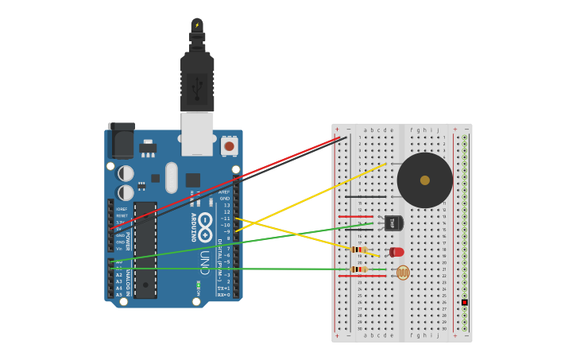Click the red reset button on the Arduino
pos(229,145)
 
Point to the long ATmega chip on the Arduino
pos(145,250)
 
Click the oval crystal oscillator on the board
pos(172,177)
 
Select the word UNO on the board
pos(204,262)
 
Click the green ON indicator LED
pos(198,285)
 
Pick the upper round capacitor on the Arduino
pos(126,172)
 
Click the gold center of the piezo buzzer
pos(425,180)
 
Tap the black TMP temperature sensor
pos(393,223)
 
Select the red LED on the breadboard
pos(397,252)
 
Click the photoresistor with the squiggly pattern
pos(403,273)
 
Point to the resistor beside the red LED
pos(358,250)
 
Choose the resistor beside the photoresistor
pos(358,269)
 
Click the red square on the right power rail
pos(464,302)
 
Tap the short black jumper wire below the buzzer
pos(365,196)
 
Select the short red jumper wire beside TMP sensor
pos(355,216)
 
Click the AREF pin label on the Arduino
pos(225,192)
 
